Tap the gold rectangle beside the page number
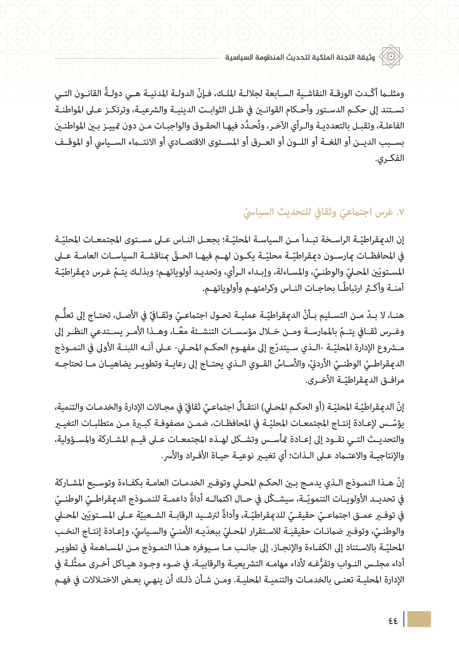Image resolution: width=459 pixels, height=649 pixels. point(419,619)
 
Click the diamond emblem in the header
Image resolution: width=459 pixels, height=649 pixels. point(391,56)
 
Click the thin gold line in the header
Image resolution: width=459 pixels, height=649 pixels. point(137,59)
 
